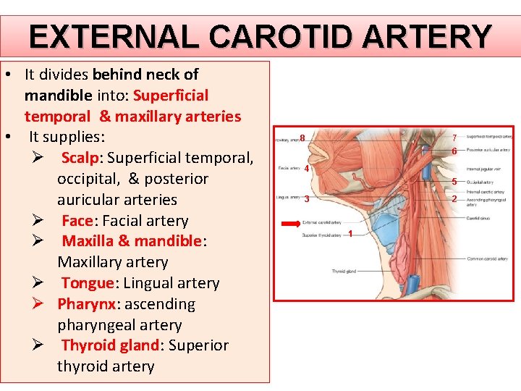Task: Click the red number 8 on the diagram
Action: click(x=302, y=138)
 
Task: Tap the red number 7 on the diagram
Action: click(x=454, y=138)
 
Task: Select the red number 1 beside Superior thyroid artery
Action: click(x=350, y=233)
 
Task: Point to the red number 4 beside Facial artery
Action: click(x=307, y=169)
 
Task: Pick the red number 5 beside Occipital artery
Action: click(x=454, y=182)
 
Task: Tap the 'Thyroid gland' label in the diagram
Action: click(x=344, y=271)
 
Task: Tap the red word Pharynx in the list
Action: click(x=85, y=304)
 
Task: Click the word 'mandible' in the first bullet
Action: click(x=57, y=96)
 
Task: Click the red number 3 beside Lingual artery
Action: click(x=307, y=199)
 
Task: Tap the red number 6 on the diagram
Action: click(x=454, y=151)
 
